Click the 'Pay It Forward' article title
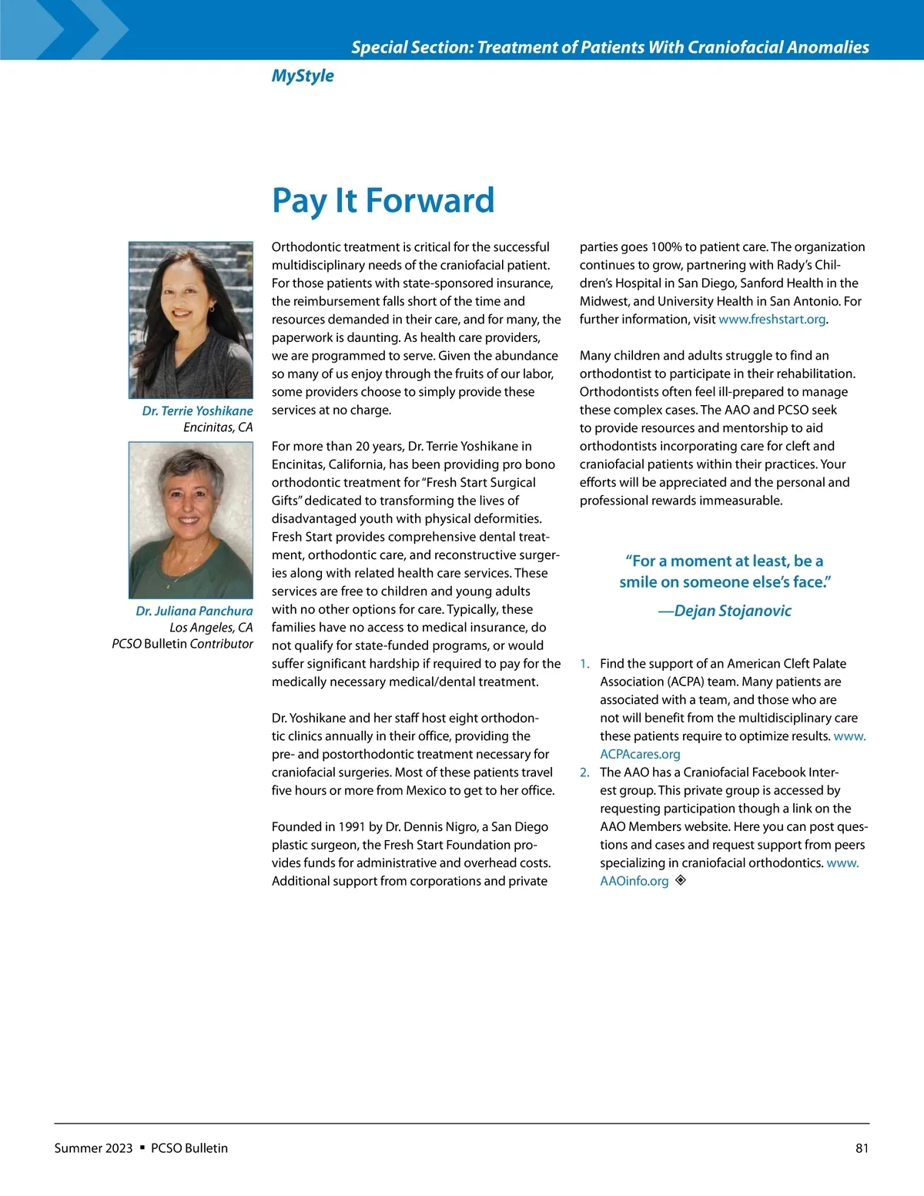[383, 201]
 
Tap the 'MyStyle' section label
[303, 75]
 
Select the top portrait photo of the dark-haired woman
[191, 320]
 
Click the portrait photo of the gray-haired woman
[191, 520]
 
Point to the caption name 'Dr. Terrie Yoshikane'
[197, 410]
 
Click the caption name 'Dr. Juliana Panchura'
[194, 611]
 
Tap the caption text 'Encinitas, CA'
[218, 427]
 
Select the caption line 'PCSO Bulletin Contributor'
[182, 644]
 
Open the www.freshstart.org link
[772, 320]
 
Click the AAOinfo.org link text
[634, 881]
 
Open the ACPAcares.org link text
[640, 755]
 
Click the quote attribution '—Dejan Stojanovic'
[725, 611]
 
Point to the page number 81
[862, 1148]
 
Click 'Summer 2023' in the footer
[93, 1148]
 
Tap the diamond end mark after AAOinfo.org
[681, 880]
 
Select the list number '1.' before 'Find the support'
[584, 664]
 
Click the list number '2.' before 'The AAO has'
[584, 772]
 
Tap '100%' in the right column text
[665, 247]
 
